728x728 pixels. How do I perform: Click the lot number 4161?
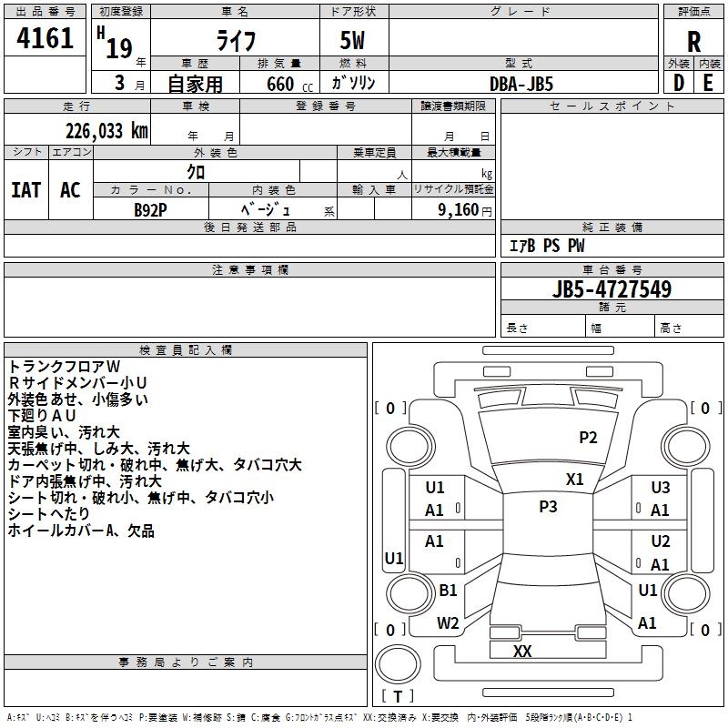click(45, 38)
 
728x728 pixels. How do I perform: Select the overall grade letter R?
click(693, 42)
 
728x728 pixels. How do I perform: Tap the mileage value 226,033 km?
click(106, 131)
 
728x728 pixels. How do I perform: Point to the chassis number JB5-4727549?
click(612, 288)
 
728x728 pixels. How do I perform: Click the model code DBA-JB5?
click(521, 84)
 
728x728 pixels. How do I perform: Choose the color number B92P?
click(150, 210)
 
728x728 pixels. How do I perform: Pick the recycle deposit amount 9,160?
click(459, 210)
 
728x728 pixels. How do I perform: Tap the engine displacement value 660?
click(280, 84)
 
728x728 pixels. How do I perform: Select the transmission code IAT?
click(26, 190)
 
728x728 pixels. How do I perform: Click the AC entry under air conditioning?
click(71, 190)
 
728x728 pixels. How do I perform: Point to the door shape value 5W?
click(352, 40)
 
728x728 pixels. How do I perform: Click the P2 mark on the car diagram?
click(588, 438)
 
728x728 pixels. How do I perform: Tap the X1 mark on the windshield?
click(574, 480)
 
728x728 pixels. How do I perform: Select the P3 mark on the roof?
click(548, 507)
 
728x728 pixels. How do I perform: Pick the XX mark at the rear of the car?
click(522, 652)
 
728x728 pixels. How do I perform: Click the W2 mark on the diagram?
click(448, 623)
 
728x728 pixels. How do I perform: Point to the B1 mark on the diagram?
click(448, 590)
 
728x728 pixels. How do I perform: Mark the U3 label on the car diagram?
click(661, 488)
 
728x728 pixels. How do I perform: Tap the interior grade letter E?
click(708, 83)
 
